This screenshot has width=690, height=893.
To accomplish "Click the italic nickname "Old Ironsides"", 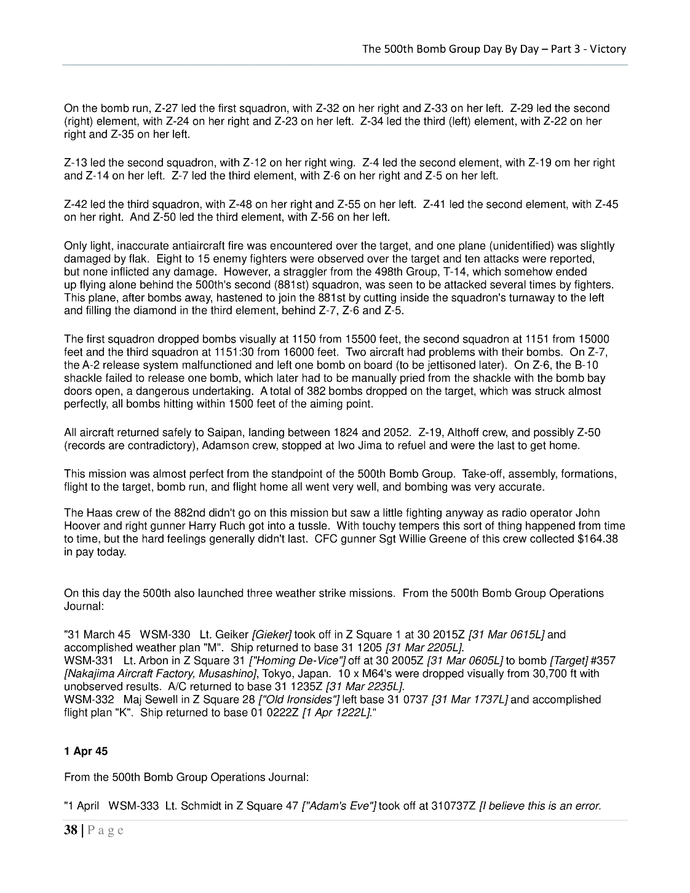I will [x=299, y=699].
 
